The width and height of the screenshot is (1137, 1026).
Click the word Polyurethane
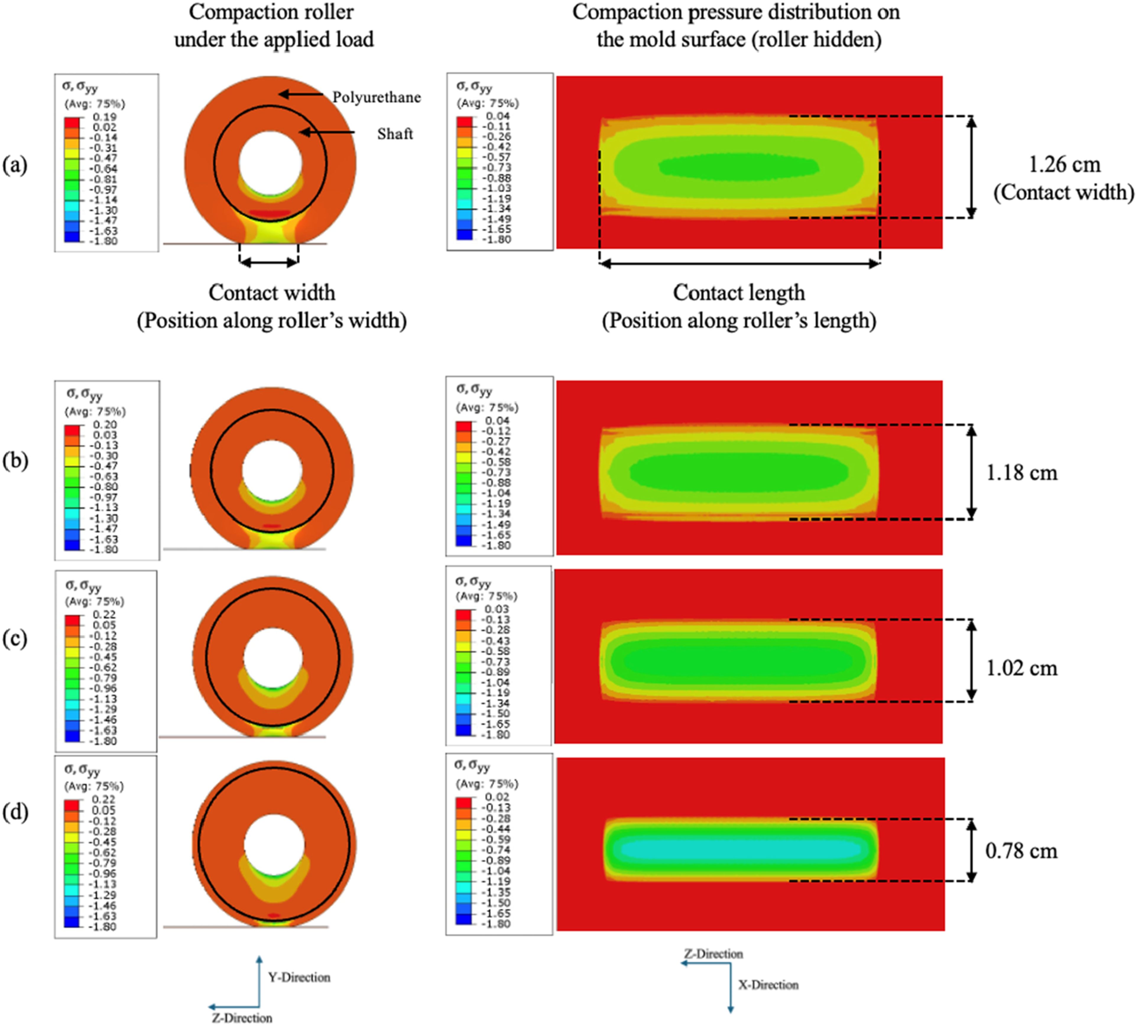[x=376, y=98]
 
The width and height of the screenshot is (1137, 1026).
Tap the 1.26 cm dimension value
[x=1064, y=165]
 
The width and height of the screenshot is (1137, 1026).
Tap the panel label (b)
[x=15, y=461]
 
